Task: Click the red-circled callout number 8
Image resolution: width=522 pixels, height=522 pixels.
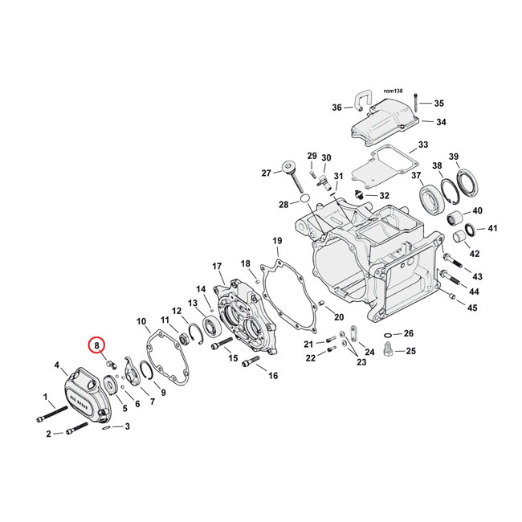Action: click(97, 346)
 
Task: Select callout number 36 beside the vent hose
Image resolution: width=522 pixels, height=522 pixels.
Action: click(337, 108)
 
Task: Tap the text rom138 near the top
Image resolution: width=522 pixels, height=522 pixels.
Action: click(392, 92)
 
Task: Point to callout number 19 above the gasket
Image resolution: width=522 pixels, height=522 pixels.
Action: click(276, 241)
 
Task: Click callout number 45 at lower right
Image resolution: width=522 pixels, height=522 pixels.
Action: click(472, 308)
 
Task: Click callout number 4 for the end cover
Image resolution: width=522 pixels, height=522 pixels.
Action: click(57, 366)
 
